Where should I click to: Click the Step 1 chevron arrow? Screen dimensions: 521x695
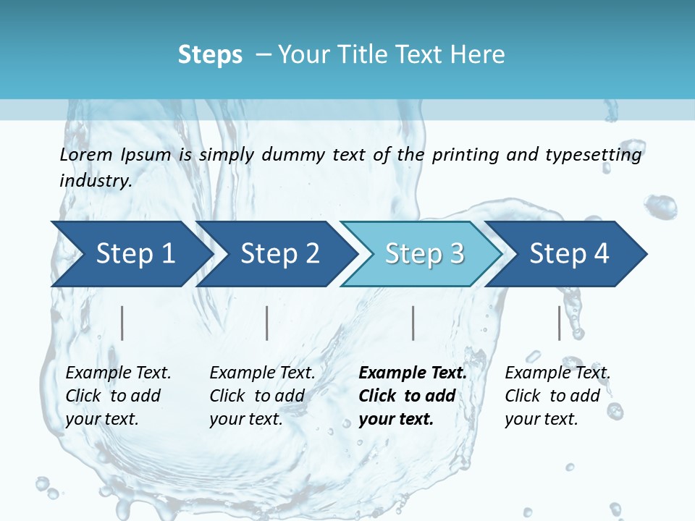(x=130, y=253)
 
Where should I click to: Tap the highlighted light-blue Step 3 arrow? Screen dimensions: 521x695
(x=424, y=253)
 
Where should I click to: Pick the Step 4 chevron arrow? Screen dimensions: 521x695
(x=568, y=253)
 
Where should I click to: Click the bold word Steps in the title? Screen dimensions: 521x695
(x=210, y=55)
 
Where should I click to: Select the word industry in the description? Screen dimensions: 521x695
(x=95, y=180)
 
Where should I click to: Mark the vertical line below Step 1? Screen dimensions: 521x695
(x=122, y=323)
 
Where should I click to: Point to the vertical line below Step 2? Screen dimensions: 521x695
(x=267, y=323)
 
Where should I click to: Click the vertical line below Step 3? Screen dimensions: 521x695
(x=413, y=323)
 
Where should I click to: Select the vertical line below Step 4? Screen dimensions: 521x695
(x=559, y=323)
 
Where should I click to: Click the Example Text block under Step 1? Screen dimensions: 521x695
(x=118, y=396)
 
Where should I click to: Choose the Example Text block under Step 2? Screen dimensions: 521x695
(x=262, y=396)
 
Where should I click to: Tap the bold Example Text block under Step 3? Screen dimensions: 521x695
(x=413, y=396)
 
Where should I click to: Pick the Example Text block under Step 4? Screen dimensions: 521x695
(x=557, y=396)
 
